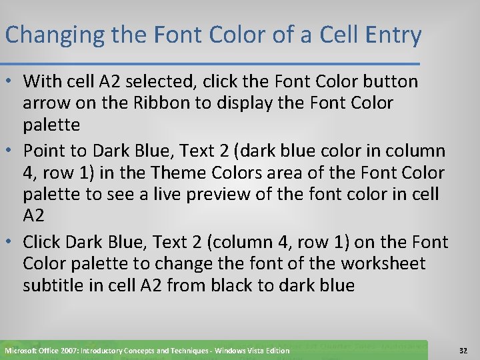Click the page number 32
click(463, 350)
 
